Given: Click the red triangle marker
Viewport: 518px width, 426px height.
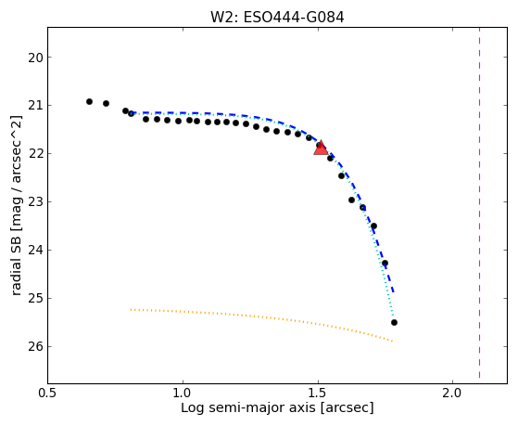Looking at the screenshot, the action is click(321, 148).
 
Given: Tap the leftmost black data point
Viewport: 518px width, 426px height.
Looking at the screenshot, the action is click(89, 101).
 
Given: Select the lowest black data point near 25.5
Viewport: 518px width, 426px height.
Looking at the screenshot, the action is click(394, 322).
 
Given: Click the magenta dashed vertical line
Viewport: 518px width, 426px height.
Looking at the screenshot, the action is click(479, 202).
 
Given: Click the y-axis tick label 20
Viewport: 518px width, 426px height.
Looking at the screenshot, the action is click(35, 58).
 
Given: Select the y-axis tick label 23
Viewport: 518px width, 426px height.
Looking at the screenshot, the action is click(35, 202).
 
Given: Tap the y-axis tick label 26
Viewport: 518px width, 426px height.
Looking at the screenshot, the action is click(35, 347).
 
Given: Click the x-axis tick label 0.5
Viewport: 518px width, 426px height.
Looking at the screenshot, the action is click(48, 393).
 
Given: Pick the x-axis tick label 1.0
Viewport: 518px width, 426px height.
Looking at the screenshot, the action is click(183, 393).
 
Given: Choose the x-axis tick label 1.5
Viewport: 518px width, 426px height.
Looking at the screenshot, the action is click(318, 393).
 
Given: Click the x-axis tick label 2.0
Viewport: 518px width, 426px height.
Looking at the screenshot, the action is click(452, 393).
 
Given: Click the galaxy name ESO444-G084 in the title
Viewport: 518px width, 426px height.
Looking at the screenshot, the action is click(294, 18).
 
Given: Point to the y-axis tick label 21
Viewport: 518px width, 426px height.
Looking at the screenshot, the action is click(35, 106).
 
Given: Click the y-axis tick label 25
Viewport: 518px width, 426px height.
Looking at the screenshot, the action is click(35, 299).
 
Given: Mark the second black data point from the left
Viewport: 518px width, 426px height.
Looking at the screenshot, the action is click(106, 104).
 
